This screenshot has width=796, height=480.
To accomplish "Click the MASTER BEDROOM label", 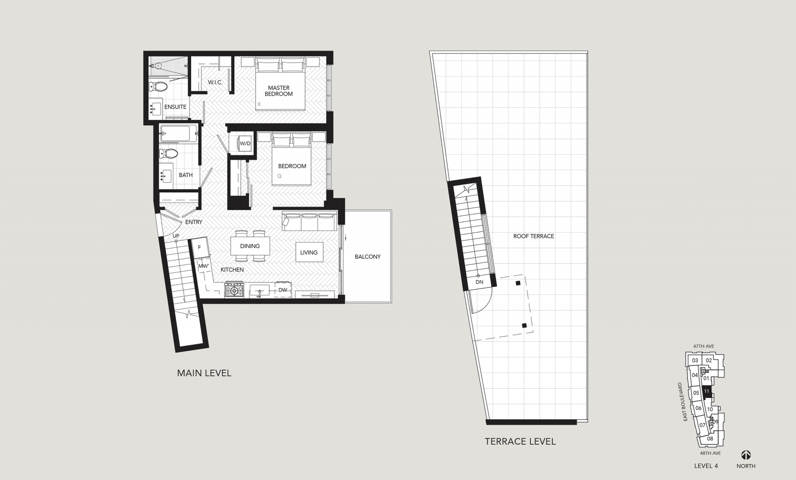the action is (x=279, y=91).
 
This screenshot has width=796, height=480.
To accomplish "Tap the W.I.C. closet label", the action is (x=215, y=82).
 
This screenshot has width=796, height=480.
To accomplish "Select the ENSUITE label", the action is (x=175, y=107).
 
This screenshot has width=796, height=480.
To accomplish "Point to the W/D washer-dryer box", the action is (x=245, y=144).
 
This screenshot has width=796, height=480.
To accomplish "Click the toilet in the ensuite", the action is (x=158, y=86).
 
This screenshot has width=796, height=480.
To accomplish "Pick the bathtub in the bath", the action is (x=179, y=134).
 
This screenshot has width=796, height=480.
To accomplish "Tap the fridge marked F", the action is (x=199, y=247).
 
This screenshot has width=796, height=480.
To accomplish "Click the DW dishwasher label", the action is (x=283, y=290).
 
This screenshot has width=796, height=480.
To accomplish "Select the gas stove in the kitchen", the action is (x=234, y=290).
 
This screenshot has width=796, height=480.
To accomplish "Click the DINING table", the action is (x=250, y=246).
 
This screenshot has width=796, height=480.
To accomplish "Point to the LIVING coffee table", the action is (x=309, y=252).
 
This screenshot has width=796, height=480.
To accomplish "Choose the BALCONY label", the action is (x=368, y=257).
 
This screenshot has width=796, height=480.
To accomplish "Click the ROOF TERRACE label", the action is (x=533, y=236).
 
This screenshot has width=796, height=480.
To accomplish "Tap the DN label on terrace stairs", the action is (x=480, y=282).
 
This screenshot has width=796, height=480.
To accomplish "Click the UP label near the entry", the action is (x=176, y=236).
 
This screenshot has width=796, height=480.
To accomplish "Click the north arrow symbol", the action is (x=746, y=455).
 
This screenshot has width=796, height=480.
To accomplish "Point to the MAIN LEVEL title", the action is (x=204, y=373).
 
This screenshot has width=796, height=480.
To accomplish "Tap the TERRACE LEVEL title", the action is (x=520, y=442).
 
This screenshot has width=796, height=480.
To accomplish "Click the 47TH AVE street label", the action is (x=703, y=346).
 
